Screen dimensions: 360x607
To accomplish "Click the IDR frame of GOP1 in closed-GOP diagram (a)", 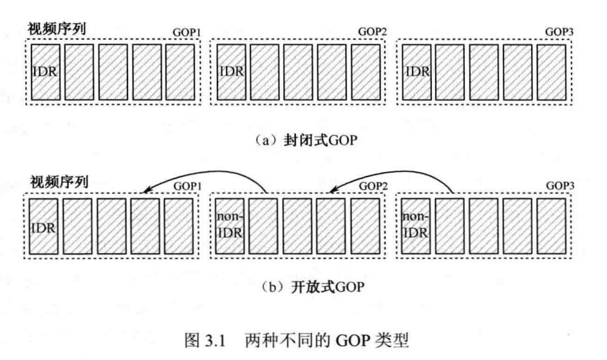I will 44,71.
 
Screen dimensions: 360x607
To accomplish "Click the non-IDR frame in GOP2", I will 231,226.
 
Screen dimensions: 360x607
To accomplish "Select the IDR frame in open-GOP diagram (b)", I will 44,226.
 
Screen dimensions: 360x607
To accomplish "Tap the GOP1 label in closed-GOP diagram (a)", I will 187,32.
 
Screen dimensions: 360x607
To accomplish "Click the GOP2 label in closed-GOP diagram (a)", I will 371,32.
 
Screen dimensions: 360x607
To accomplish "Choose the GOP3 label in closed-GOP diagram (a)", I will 558,32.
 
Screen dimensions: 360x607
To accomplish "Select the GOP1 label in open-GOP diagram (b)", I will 187,186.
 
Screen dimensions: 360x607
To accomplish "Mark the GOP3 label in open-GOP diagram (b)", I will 558,186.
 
